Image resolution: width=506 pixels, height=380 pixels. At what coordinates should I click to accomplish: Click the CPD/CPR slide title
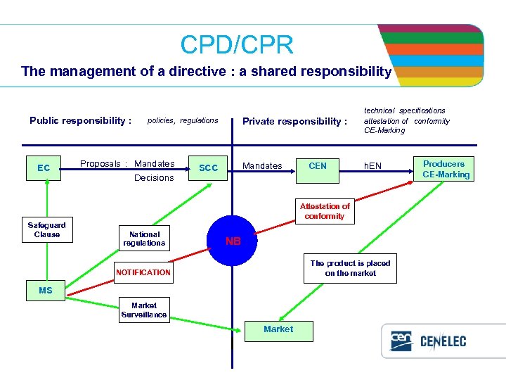[236, 45]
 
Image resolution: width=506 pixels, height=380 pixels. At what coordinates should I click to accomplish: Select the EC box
[44, 168]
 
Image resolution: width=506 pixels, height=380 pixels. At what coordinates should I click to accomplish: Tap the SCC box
[209, 168]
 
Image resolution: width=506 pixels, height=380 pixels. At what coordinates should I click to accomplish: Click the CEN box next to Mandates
[318, 166]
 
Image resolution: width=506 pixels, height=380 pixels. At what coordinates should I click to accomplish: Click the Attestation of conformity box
[325, 211]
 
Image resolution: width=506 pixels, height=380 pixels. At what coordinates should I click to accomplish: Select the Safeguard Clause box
[46, 230]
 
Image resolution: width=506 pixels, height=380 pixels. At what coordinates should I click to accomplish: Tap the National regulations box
[144, 239]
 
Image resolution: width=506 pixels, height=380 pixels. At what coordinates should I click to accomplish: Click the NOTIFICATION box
[143, 272]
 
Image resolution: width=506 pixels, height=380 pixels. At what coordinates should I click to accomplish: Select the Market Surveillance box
[144, 310]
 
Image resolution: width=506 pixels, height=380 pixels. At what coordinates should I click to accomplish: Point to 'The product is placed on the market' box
[350, 268]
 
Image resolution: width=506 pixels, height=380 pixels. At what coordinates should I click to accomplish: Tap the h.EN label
[372, 166]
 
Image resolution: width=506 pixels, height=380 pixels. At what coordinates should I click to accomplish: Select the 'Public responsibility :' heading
[80, 120]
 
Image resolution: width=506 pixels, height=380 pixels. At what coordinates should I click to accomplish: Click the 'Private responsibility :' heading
[294, 121]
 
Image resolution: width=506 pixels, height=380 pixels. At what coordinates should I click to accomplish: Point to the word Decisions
[154, 178]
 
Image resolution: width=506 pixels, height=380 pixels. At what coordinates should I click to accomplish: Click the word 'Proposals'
[99, 164]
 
